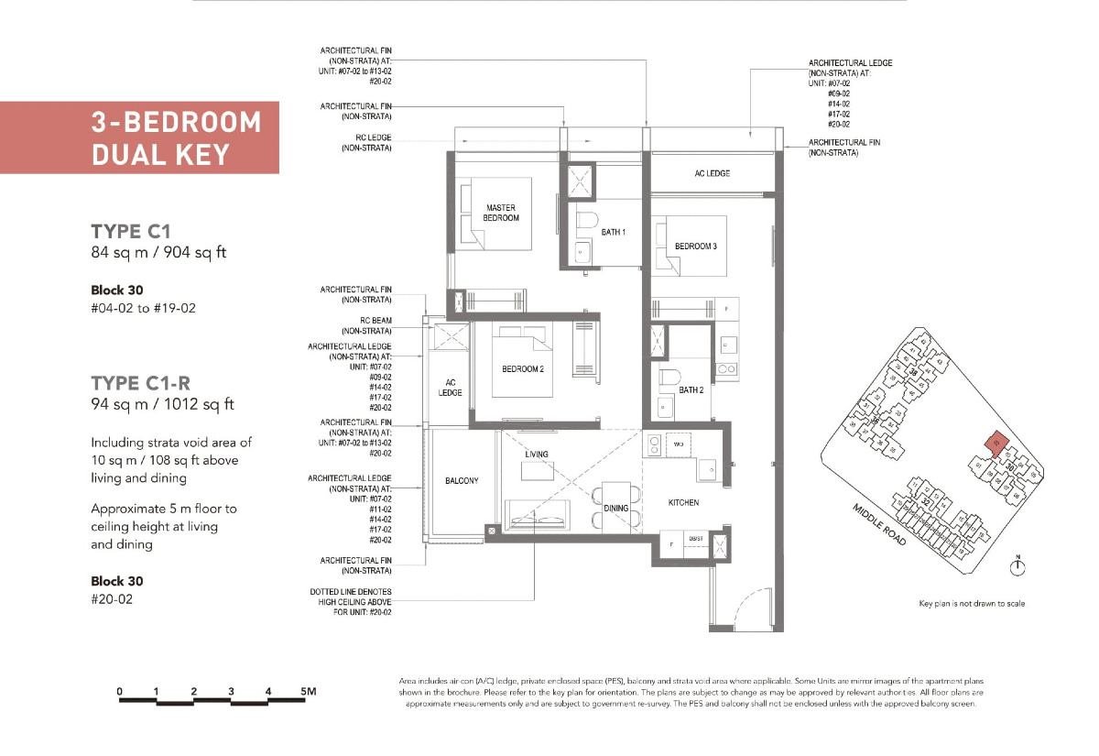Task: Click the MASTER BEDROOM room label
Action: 501,214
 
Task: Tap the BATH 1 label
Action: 613,233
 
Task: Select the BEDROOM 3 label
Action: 695,247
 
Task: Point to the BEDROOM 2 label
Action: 523,369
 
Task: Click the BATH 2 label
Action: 691,389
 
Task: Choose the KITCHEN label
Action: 683,502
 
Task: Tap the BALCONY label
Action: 462,480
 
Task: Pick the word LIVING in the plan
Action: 537,455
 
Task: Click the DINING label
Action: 616,508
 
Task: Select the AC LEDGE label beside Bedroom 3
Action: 712,173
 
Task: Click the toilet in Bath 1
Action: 587,220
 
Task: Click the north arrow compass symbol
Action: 1017,568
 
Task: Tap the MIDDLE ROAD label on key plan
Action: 880,525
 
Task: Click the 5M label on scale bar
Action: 308,691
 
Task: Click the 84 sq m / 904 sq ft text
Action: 158,252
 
